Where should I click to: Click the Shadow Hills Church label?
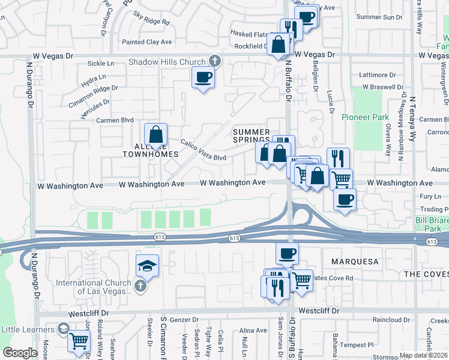point(167,62)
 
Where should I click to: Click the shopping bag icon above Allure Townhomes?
point(155,134)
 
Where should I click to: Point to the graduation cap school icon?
point(147,265)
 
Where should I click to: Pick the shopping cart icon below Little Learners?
point(79,341)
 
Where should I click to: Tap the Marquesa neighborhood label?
point(355,262)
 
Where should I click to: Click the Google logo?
point(20,353)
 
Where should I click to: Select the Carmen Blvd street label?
point(114,120)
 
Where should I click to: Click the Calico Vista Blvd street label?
point(204,150)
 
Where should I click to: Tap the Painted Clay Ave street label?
point(147,42)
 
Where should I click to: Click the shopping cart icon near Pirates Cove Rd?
point(302,279)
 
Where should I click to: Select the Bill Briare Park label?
point(432,224)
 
